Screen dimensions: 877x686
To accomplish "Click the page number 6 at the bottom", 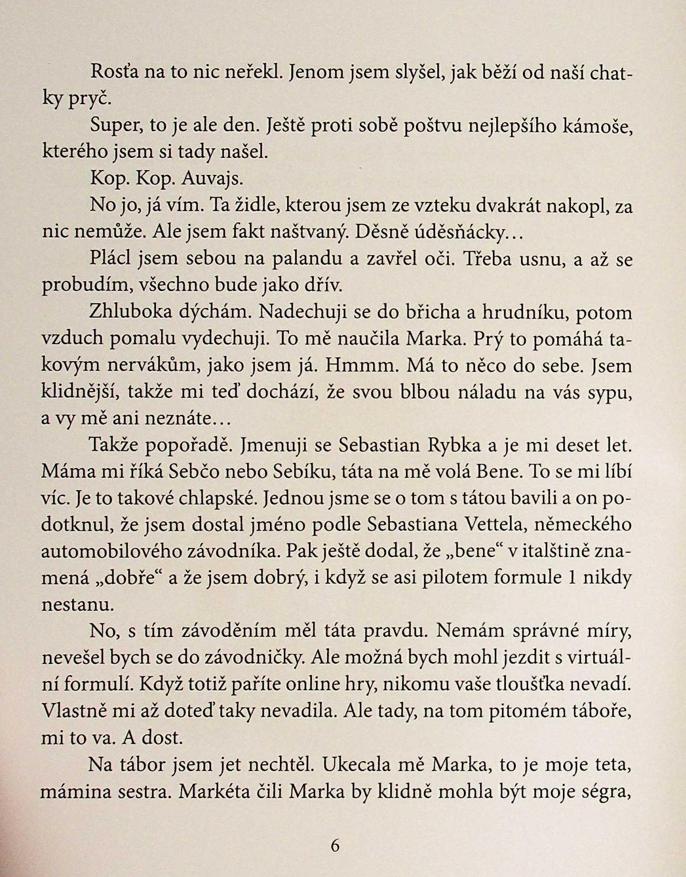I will pyautogui.click(x=335, y=846).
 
